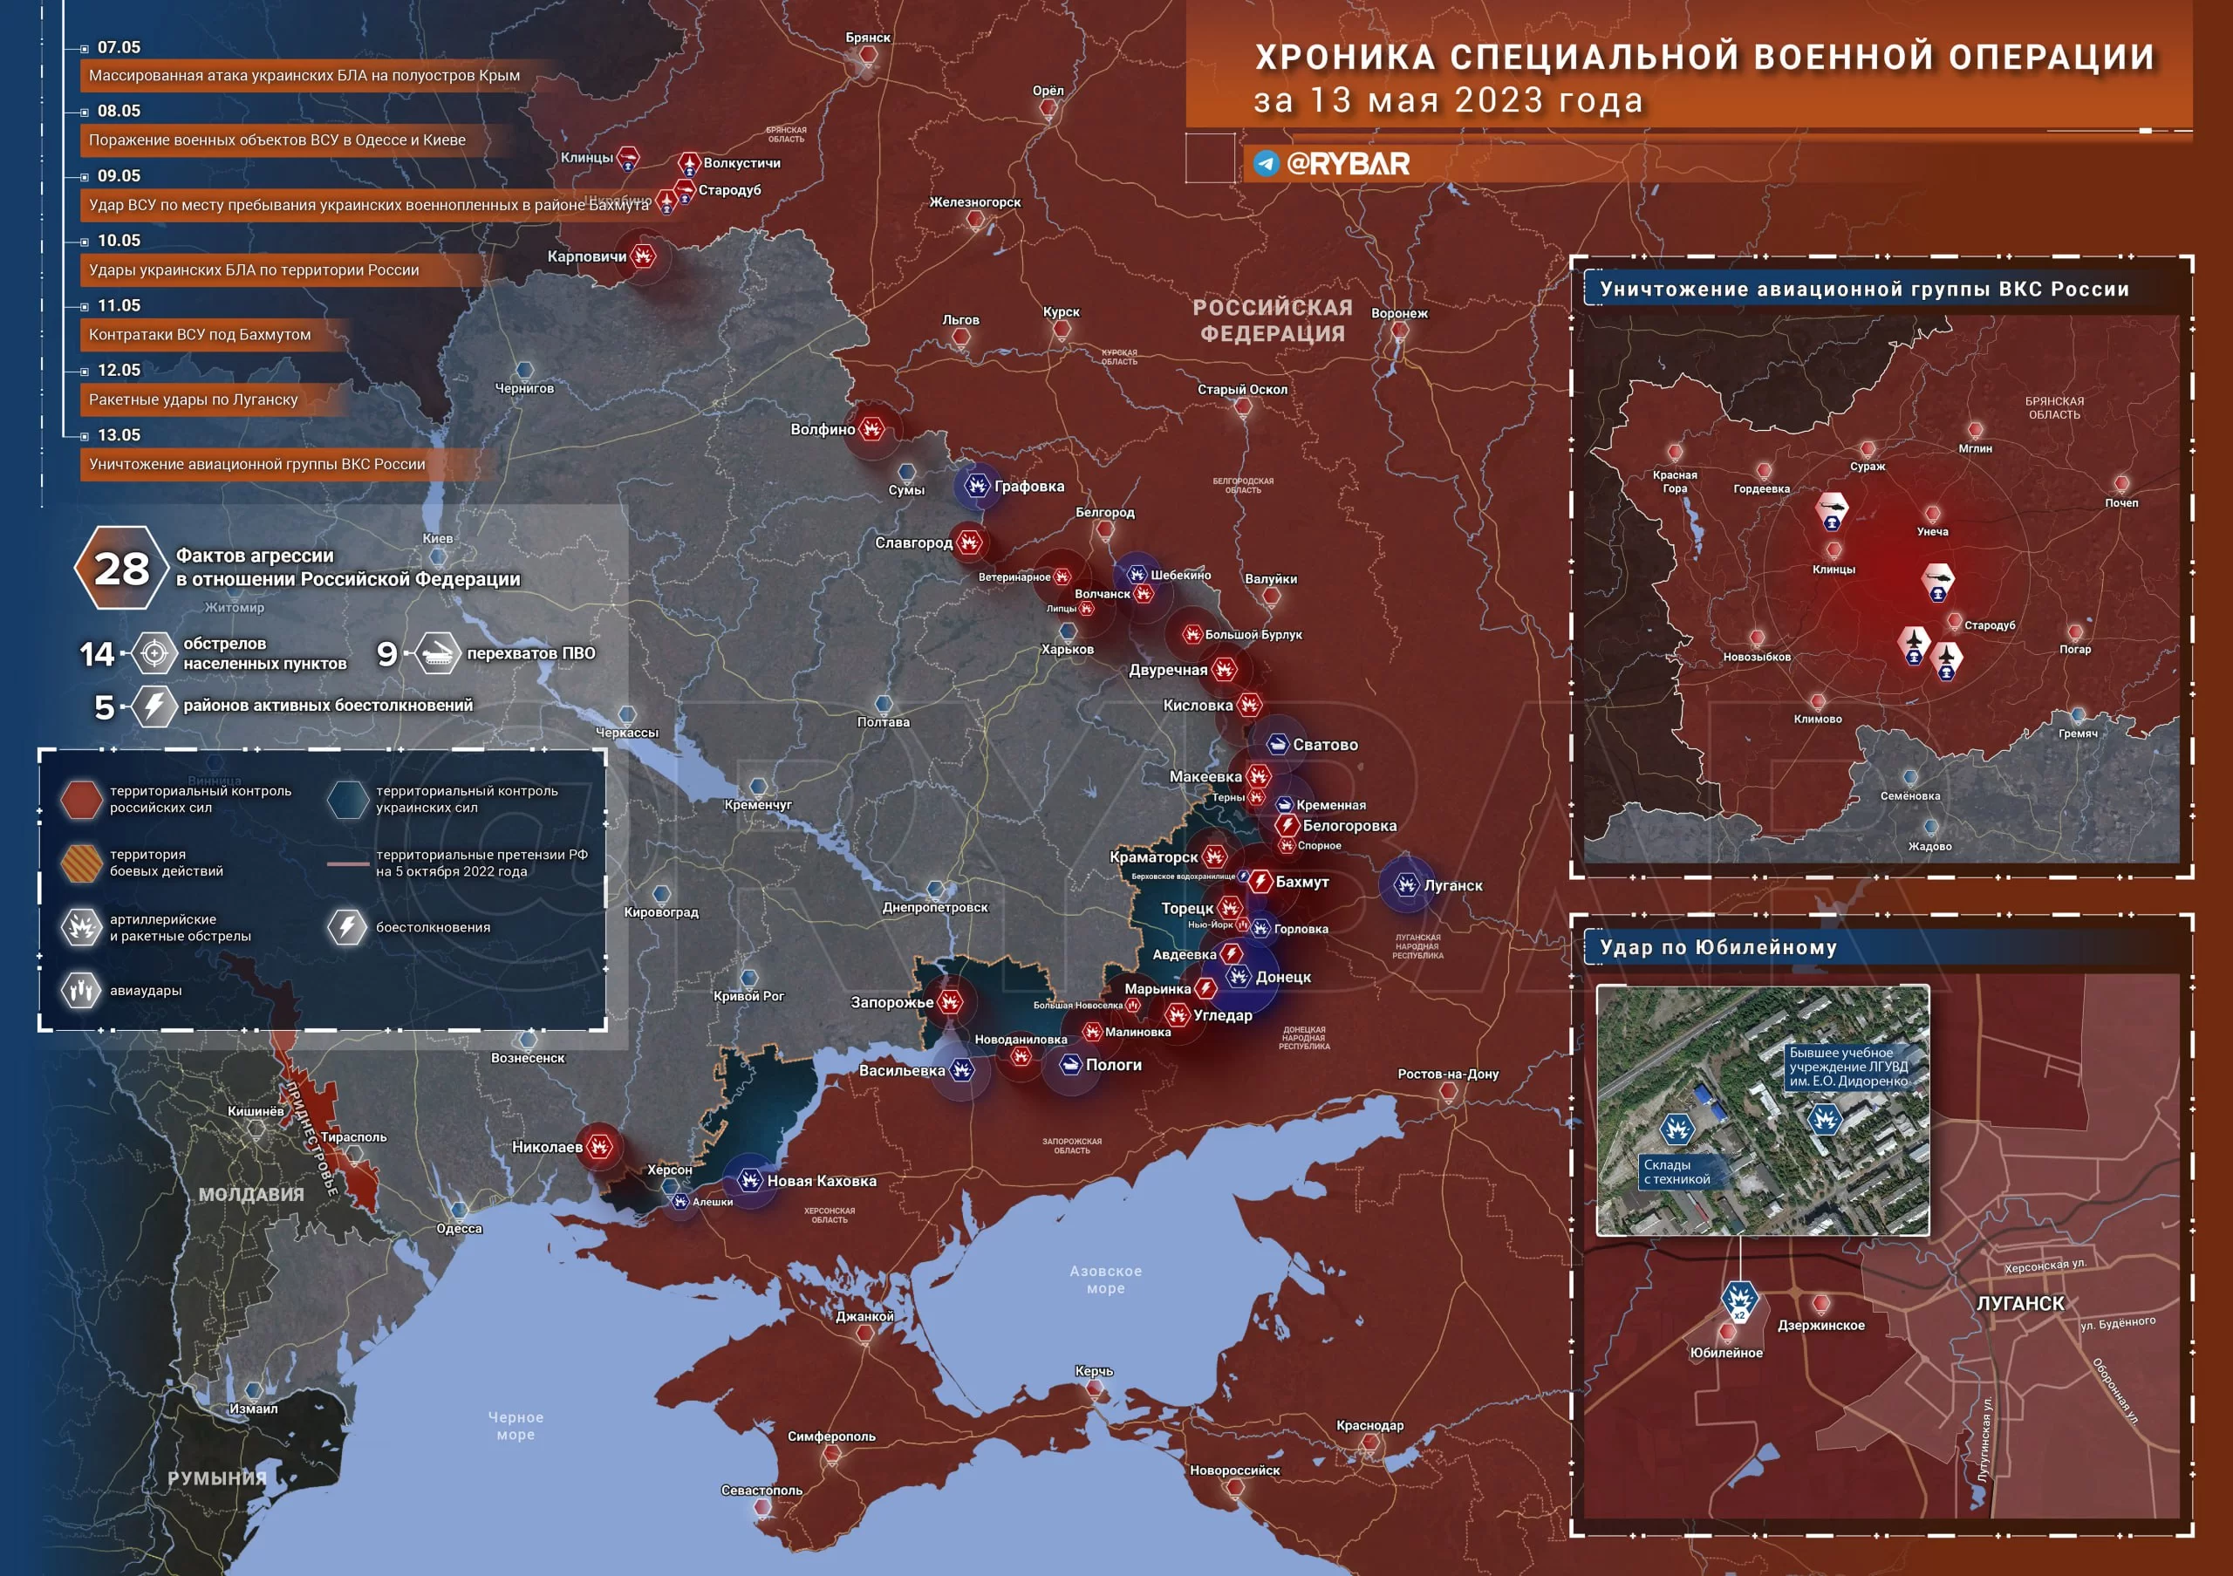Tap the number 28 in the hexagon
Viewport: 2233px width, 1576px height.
point(121,569)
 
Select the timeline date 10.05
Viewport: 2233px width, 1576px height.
point(119,240)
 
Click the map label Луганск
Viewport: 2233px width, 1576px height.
point(1453,886)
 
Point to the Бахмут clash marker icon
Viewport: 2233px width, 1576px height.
point(1260,882)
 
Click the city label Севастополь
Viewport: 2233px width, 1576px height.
point(761,1490)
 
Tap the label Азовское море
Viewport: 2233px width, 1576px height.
point(1106,1279)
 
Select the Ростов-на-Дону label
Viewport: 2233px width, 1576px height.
point(1447,1074)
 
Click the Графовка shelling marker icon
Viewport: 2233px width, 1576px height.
point(976,485)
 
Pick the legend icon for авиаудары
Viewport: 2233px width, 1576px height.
point(82,991)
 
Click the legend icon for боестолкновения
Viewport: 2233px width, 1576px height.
point(347,926)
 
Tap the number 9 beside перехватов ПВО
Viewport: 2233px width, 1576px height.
point(387,653)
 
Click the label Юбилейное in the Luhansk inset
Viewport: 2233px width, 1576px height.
point(1725,1353)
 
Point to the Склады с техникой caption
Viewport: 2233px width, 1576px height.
point(1676,1171)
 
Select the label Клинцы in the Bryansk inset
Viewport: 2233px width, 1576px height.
point(1834,570)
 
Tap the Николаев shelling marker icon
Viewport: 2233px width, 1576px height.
point(600,1146)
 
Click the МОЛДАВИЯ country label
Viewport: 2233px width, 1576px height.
point(251,1195)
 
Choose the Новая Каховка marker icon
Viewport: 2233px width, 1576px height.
point(749,1180)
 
